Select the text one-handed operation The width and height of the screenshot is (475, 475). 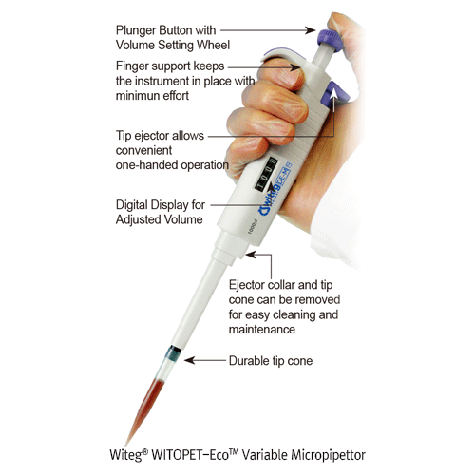click(x=172, y=164)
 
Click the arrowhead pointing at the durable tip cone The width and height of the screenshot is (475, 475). click(x=188, y=361)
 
